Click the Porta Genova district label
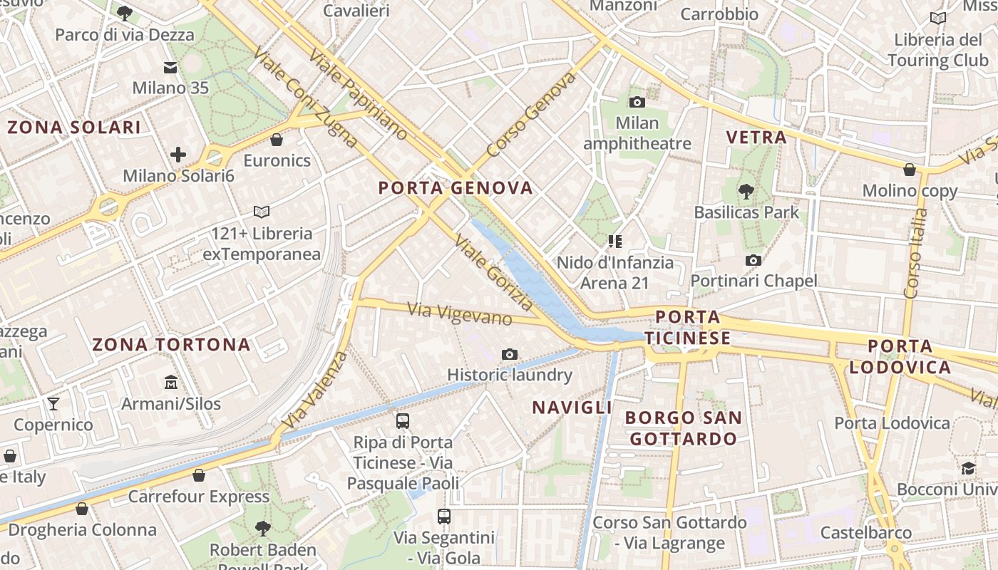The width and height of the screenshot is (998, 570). (x=456, y=188)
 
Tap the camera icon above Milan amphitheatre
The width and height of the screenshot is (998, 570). (x=637, y=102)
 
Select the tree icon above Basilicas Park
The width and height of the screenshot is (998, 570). (x=746, y=191)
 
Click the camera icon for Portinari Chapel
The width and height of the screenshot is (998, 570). (x=753, y=261)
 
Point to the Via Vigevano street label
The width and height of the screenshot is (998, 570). (x=460, y=314)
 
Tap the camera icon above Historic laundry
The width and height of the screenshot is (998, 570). (x=509, y=354)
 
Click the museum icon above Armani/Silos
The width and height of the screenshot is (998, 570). (x=171, y=383)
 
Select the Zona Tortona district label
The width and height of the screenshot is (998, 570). (x=171, y=345)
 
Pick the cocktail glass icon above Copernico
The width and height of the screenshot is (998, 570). (x=53, y=404)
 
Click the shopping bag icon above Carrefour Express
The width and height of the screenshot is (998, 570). (x=199, y=475)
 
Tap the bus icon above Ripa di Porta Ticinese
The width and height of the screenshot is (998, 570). (x=403, y=420)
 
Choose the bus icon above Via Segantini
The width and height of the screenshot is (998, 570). (x=444, y=516)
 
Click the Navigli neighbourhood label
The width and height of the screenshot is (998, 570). (x=572, y=408)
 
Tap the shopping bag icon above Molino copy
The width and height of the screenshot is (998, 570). (x=910, y=170)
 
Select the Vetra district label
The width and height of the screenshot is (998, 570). (x=756, y=138)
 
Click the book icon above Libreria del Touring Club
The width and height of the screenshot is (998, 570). (x=938, y=18)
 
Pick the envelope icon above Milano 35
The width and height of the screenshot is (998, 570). (x=170, y=68)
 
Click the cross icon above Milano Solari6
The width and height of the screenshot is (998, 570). (x=178, y=154)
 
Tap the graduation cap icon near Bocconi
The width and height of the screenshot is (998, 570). (x=968, y=468)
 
